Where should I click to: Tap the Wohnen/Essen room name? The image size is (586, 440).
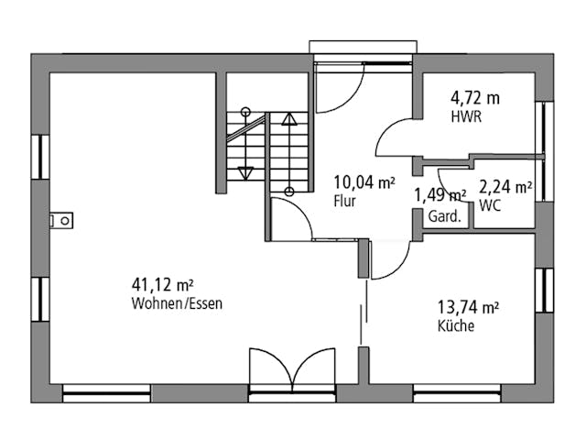[177, 304]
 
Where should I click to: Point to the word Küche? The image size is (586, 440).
[456, 326]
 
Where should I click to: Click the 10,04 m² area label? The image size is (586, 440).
[364, 182]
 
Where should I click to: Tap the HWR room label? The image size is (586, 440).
[466, 117]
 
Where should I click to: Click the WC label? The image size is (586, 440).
[490, 206]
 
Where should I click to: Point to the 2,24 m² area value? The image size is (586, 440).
[505, 188]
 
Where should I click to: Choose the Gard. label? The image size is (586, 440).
[444, 217]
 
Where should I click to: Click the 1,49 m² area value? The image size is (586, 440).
[440, 194]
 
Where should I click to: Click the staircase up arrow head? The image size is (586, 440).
[289, 118]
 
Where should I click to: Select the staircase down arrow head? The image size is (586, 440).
[244, 171]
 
